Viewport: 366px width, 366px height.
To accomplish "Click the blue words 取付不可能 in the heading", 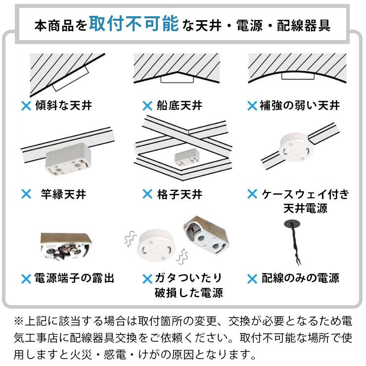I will pyautogui.click(x=134, y=24).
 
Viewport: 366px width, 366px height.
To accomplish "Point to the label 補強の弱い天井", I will pyautogui.click(x=300, y=105).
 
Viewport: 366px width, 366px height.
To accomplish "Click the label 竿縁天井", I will pyautogui.click(x=63, y=194).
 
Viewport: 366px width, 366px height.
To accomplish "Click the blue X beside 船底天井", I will pyautogui.click(x=147, y=106).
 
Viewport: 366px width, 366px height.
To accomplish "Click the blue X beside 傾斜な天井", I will pyautogui.click(x=26, y=106).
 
